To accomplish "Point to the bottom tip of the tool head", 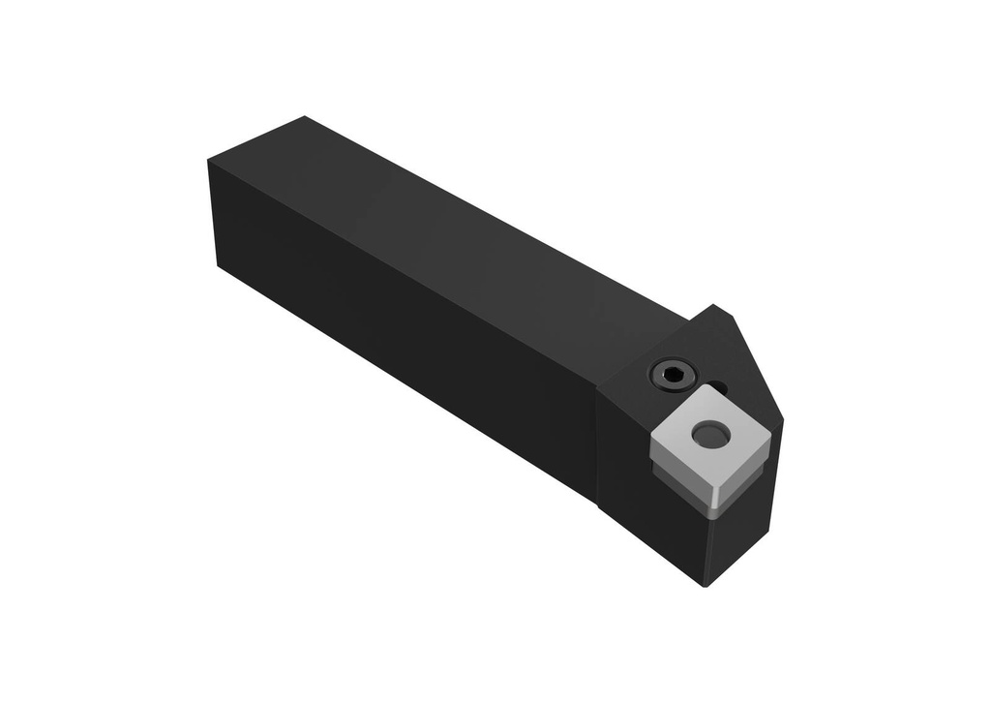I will coord(706,586).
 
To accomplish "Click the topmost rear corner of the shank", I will coord(304,117).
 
